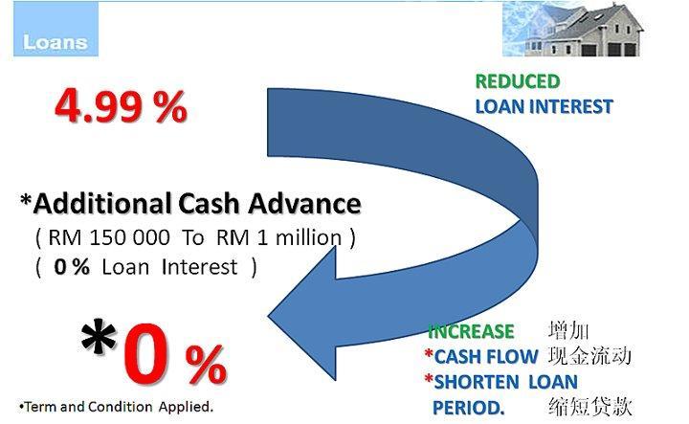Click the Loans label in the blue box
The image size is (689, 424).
point(56,43)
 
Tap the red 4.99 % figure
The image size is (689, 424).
point(121,106)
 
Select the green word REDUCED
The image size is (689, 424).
point(518,81)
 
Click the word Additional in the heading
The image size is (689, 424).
point(102,204)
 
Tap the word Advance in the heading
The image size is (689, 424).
point(304,204)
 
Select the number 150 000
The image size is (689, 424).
point(129,238)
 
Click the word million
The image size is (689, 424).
point(308,238)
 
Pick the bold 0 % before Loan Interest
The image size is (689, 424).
point(72,267)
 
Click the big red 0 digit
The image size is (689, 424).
point(145,354)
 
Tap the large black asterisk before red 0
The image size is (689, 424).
point(99,338)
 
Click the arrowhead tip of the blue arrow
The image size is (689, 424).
point(268,316)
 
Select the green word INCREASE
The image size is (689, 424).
point(471,332)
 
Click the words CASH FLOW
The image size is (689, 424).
point(486,357)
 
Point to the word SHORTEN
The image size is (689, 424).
point(477,382)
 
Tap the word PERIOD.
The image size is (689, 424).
point(468,408)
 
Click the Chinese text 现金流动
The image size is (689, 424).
point(589,356)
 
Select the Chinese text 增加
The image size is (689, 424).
point(568,330)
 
